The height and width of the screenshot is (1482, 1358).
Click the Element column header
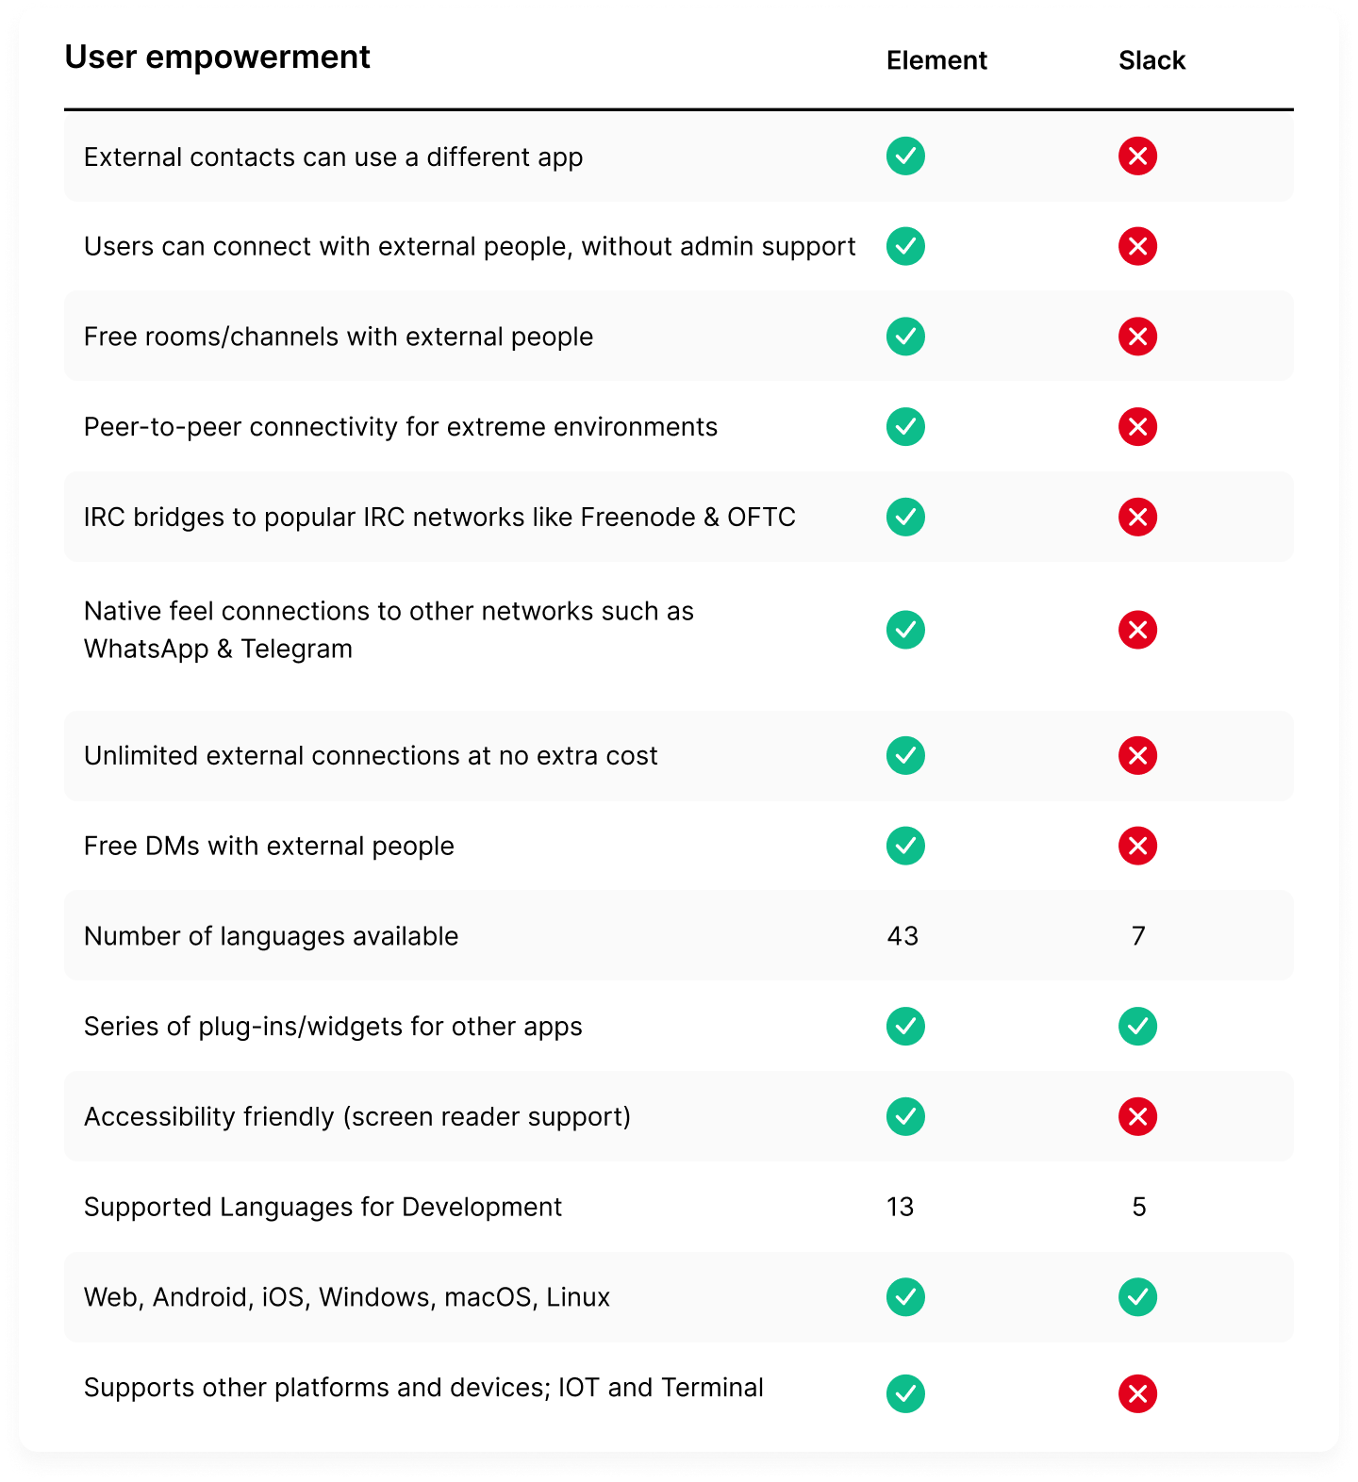click(936, 60)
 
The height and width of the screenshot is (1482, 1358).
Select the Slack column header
click(1151, 60)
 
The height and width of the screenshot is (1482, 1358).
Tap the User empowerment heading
click(217, 58)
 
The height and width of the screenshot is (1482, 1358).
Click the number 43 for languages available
click(903, 936)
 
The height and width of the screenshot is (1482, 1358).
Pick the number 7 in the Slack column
click(1138, 936)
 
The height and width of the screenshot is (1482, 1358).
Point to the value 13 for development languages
click(901, 1207)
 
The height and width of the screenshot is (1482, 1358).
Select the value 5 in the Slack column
click(1138, 1207)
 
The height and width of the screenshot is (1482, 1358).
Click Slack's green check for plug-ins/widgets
click(1137, 1027)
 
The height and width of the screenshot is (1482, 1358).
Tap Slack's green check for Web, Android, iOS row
click(1137, 1297)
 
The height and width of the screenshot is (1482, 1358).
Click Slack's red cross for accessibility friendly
click(1137, 1117)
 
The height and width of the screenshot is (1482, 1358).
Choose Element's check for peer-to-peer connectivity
click(905, 427)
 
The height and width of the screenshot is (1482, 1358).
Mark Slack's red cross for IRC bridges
click(1137, 518)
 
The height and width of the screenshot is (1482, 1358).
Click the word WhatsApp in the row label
click(146, 650)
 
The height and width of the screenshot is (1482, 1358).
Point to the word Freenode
click(638, 518)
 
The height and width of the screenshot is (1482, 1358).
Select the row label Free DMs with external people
click(269, 847)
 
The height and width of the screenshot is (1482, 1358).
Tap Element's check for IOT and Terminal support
click(905, 1393)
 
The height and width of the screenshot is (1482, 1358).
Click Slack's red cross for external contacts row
click(1137, 156)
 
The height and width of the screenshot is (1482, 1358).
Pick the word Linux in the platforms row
click(578, 1298)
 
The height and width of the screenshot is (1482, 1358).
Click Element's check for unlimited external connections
click(905, 756)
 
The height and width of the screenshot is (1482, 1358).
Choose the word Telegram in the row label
click(296, 650)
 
